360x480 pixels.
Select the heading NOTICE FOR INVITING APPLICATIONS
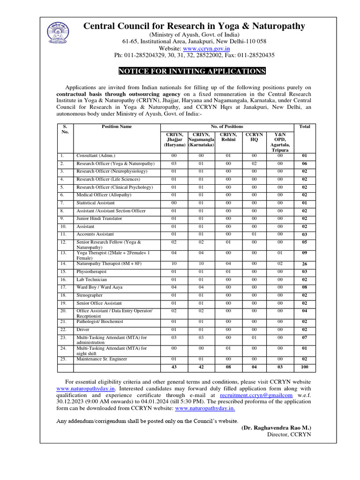[x=192, y=71]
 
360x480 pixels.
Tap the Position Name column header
[x=117, y=127]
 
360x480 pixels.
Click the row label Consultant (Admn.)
[x=96, y=156]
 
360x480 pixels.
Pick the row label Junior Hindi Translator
[x=99, y=218]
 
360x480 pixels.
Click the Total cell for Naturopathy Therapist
[x=304, y=264]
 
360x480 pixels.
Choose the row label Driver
[x=83, y=330]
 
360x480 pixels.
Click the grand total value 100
[x=304, y=367]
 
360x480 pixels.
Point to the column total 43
[x=174, y=367]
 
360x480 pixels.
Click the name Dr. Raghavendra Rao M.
[x=276, y=427]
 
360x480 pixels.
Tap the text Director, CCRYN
[x=289, y=435]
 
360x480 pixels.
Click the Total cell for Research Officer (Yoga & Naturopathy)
[x=304, y=164]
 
